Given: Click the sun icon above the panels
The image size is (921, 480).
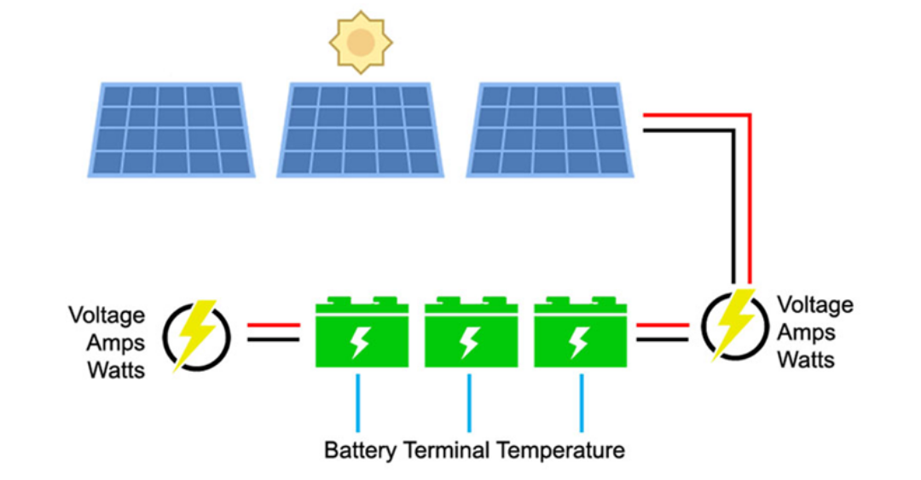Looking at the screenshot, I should click(x=360, y=42).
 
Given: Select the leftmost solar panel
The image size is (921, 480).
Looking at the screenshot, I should click(x=171, y=130).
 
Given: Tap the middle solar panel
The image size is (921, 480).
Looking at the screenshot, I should click(x=360, y=130).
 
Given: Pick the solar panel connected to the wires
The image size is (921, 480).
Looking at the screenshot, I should click(x=549, y=130).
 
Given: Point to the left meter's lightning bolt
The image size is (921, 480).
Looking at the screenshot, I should click(x=196, y=333).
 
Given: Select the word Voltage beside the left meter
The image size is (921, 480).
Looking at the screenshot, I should click(x=107, y=315).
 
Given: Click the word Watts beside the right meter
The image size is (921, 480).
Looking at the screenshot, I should click(x=805, y=359).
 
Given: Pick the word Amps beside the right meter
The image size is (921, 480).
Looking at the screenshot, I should click(x=806, y=332).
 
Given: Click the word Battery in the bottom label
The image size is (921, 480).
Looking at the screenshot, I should click(x=361, y=449).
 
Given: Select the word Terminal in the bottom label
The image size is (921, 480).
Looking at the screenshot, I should click(x=447, y=449).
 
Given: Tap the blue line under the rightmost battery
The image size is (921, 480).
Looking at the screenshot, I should click(x=582, y=402).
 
